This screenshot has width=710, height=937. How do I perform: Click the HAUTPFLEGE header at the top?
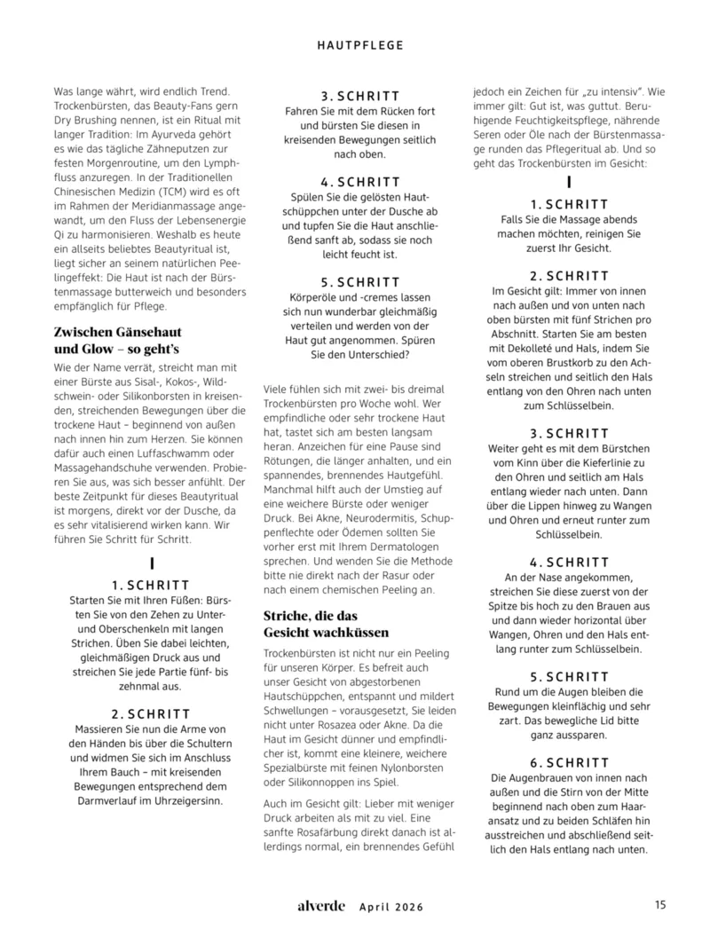(x=360, y=43)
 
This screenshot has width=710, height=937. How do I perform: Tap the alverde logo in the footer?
(x=322, y=906)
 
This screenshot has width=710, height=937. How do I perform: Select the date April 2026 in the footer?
(x=391, y=907)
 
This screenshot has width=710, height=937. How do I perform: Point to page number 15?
(x=660, y=906)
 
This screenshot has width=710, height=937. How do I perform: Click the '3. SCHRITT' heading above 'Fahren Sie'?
(x=359, y=96)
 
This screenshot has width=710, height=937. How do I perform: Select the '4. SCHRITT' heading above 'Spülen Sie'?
(x=359, y=182)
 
